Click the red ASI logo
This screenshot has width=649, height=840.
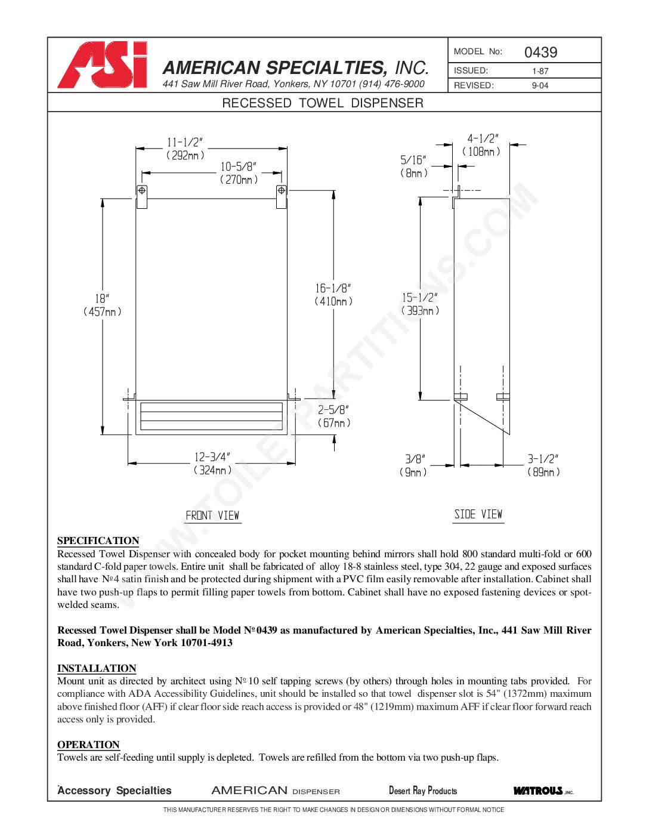tap(103, 65)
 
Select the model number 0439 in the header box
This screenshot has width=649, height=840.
tap(540, 52)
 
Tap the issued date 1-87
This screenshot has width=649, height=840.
tap(540, 71)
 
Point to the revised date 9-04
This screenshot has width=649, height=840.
tap(540, 85)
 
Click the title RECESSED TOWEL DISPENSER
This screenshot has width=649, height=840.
tap(323, 103)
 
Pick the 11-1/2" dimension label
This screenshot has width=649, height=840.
tap(185, 143)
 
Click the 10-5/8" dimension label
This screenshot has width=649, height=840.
tap(239, 167)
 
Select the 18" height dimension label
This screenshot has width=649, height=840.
tap(102, 298)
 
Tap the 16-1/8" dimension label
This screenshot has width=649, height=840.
tap(333, 289)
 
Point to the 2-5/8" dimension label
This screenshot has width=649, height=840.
tap(333, 410)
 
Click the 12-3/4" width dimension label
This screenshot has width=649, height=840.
tap(212, 458)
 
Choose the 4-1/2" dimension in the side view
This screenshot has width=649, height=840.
tap(482, 139)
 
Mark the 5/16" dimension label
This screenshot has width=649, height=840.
tap(413, 160)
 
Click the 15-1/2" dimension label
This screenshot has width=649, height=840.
tap(420, 298)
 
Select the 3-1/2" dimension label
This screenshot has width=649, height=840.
tap(543, 459)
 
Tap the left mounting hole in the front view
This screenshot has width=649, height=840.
tap(142, 191)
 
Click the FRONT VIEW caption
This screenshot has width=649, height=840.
tap(212, 515)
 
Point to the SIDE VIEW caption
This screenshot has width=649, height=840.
tap(478, 514)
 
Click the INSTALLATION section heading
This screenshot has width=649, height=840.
tap(97, 668)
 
